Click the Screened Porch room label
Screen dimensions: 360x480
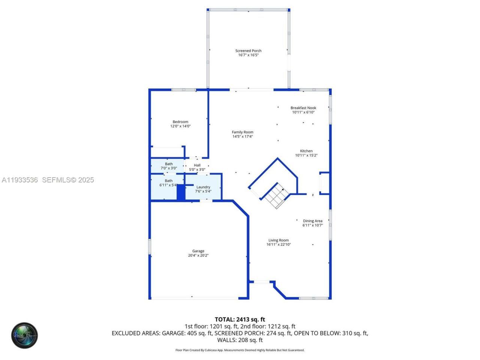click(x=248, y=51)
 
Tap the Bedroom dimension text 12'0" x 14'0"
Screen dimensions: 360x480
click(x=180, y=126)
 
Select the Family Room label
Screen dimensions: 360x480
click(x=242, y=132)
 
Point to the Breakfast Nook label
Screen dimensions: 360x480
click(x=303, y=108)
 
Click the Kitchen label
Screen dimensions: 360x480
click(x=306, y=151)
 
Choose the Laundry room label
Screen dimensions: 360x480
click(x=203, y=187)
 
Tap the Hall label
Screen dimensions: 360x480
click(x=197, y=165)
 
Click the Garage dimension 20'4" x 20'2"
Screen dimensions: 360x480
click(x=198, y=255)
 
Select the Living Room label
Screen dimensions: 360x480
click(x=278, y=240)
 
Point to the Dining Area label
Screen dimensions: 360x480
click(x=312, y=221)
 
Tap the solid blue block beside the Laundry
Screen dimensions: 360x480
click(x=181, y=192)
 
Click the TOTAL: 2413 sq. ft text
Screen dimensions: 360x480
click(x=240, y=319)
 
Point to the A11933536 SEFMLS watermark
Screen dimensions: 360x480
click(x=48, y=180)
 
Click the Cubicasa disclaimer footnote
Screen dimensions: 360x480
click(x=240, y=350)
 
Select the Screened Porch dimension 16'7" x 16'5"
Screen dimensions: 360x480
click(x=248, y=55)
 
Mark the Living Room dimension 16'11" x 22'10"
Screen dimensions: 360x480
click(x=278, y=244)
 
